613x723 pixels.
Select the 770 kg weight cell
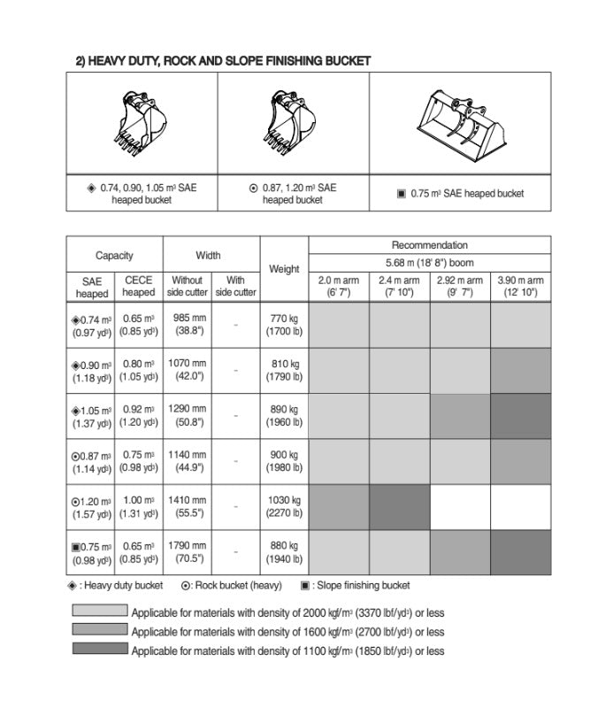click(x=284, y=325)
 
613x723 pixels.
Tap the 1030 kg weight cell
click(x=284, y=507)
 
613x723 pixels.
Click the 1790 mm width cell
click(x=188, y=552)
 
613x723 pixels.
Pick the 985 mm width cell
click(x=188, y=325)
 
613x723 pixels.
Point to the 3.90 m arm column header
click(x=520, y=287)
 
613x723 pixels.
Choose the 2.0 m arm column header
click(x=338, y=287)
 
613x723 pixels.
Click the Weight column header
click(x=284, y=269)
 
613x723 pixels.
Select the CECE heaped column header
click(x=139, y=287)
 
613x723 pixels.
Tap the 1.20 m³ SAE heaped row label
click(x=91, y=507)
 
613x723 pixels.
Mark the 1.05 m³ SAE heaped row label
click(x=91, y=416)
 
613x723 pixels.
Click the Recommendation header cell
click(x=429, y=245)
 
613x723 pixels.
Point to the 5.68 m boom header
click(x=429, y=263)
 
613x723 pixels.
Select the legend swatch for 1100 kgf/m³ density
click(x=100, y=649)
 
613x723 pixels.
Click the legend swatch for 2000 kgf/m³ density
click(x=100, y=611)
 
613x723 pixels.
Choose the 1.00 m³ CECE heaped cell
click(x=139, y=507)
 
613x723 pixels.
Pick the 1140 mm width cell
click(x=188, y=461)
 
